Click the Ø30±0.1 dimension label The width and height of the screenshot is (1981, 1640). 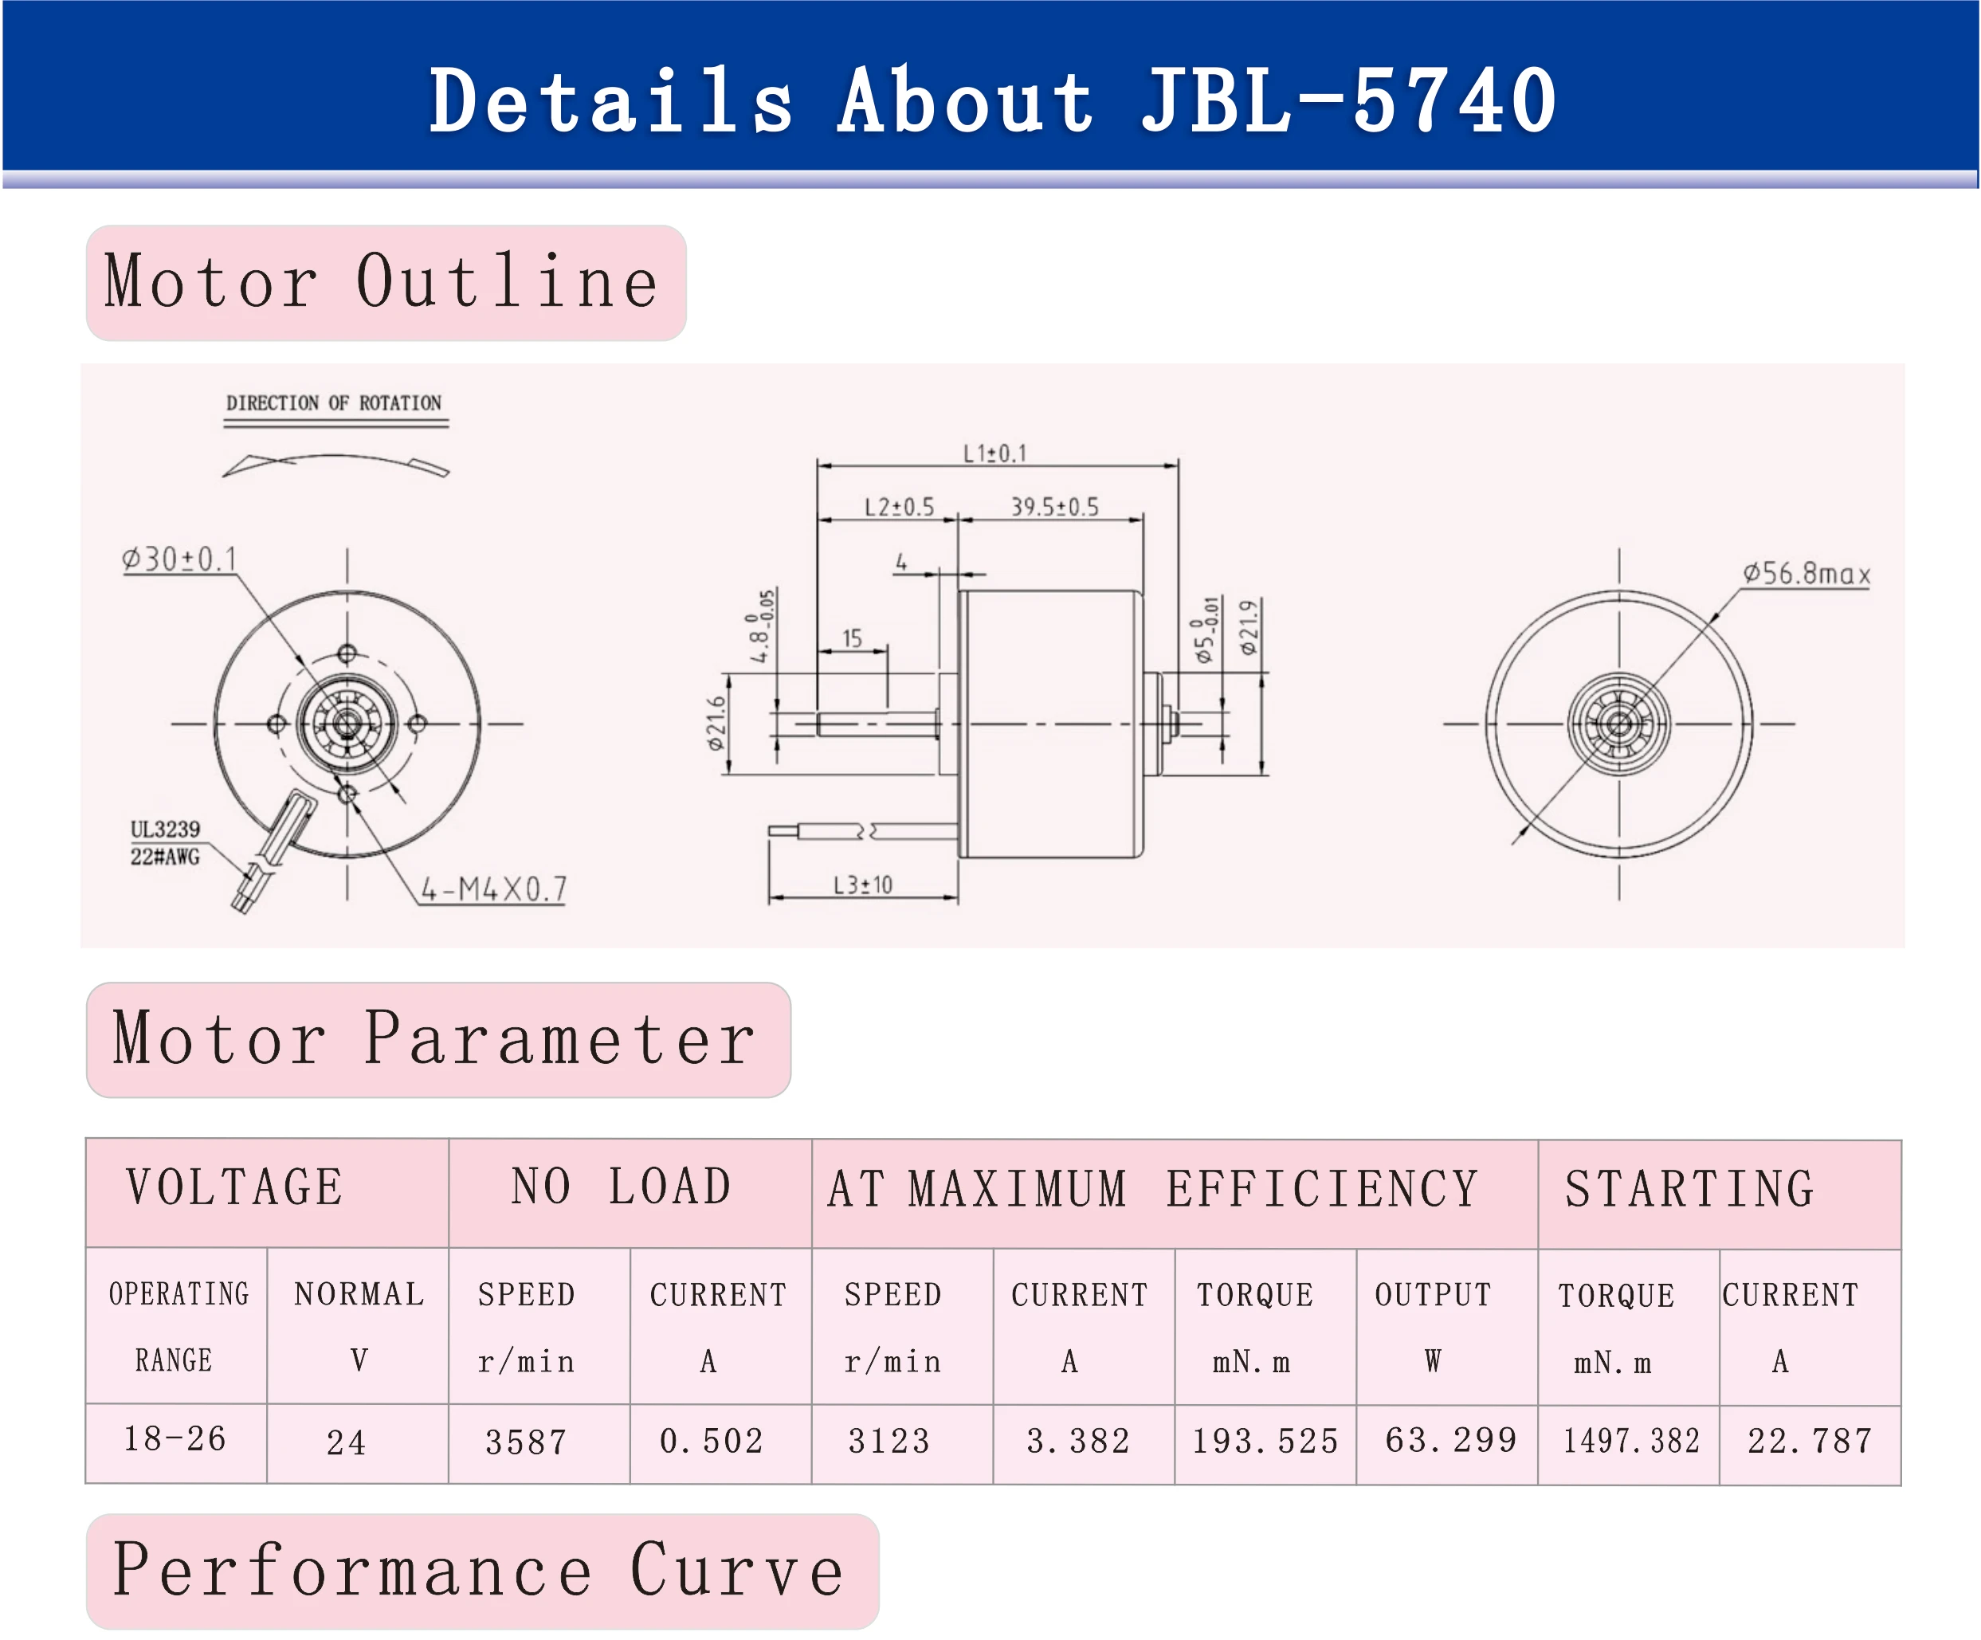(x=179, y=559)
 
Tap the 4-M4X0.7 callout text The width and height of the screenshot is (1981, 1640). (x=493, y=889)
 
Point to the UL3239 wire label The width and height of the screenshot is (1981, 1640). (x=165, y=830)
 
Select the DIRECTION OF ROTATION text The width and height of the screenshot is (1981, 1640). (x=334, y=403)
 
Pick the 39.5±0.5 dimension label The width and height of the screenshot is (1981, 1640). (x=1054, y=507)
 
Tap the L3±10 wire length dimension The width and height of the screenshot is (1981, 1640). (x=862, y=885)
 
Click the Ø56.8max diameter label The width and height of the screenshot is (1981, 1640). (x=1806, y=574)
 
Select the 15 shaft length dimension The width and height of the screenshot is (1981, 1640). (x=852, y=639)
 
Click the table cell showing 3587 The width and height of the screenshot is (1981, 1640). (x=525, y=1442)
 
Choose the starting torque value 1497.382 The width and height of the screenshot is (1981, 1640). (x=1631, y=1441)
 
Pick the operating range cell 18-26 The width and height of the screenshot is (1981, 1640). (x=175, y=1438)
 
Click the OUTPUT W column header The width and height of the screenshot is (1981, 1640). (x=1433, y=1326)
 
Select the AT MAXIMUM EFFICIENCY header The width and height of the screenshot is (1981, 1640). (x=1153, y=1189)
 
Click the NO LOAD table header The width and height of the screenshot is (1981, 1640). (x=622, y=1187)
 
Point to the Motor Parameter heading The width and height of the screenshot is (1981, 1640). (x=434, y=1039)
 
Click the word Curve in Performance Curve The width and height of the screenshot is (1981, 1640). (x=737, y=1571)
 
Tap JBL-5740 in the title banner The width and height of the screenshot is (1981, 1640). (x=1349, y=101)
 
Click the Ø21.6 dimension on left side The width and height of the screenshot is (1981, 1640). (x=717, y=723)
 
